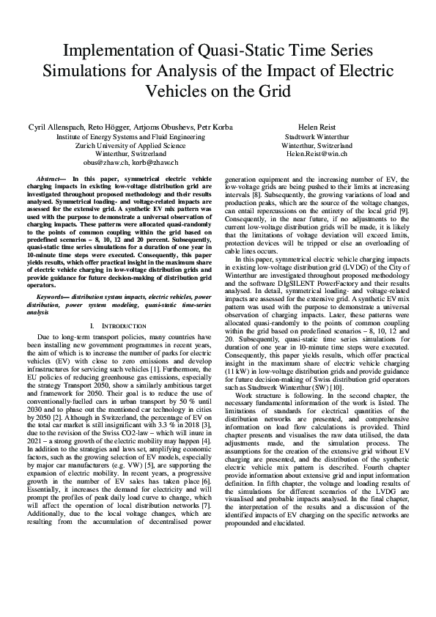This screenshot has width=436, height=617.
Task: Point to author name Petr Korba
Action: click(x=215, y=128)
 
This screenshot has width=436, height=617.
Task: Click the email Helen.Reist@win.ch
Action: click(x=317, y=155)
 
